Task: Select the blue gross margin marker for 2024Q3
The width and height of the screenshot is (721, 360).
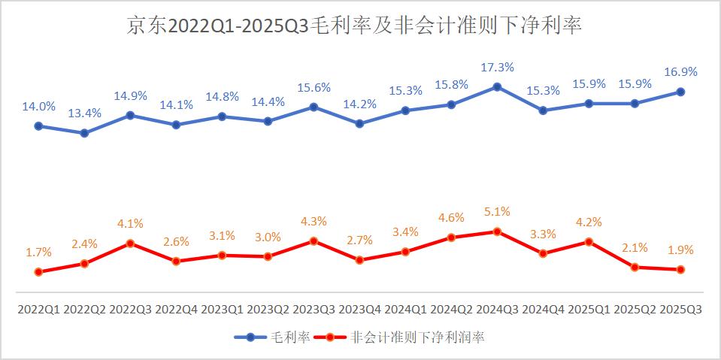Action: point(497,86)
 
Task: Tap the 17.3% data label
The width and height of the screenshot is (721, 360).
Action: point(497,68)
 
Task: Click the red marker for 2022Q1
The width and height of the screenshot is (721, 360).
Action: point(38,271)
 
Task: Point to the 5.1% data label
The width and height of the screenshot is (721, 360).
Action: point(497,212)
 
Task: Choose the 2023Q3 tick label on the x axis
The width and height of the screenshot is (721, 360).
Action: point(314,309)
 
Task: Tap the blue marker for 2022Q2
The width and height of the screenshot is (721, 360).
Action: point(84,133)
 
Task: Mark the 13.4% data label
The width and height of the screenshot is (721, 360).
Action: point(84,113)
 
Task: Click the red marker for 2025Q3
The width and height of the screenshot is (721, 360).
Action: point(680,269)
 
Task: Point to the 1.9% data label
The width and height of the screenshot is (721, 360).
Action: point(680,250)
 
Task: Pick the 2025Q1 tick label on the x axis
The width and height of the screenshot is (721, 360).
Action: point(589,309)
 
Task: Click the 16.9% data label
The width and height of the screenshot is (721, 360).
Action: point(680,72)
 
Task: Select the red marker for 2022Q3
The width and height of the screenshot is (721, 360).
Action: point(130,243)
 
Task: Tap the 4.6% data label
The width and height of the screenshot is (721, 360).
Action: point(451,218)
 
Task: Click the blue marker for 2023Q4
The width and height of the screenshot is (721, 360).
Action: point(359,123)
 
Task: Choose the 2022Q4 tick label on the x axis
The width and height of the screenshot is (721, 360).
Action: point(176,309)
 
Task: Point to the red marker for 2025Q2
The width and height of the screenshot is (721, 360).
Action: point(635,267)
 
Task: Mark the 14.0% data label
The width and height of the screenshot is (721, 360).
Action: point(38,107)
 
